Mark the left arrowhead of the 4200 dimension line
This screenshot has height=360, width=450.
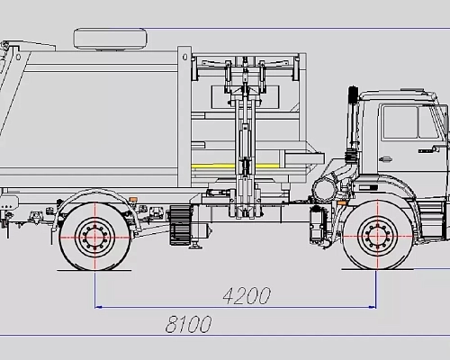99,307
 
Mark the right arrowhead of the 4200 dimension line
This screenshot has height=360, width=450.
372,307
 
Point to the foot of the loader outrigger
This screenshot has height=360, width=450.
240,215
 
